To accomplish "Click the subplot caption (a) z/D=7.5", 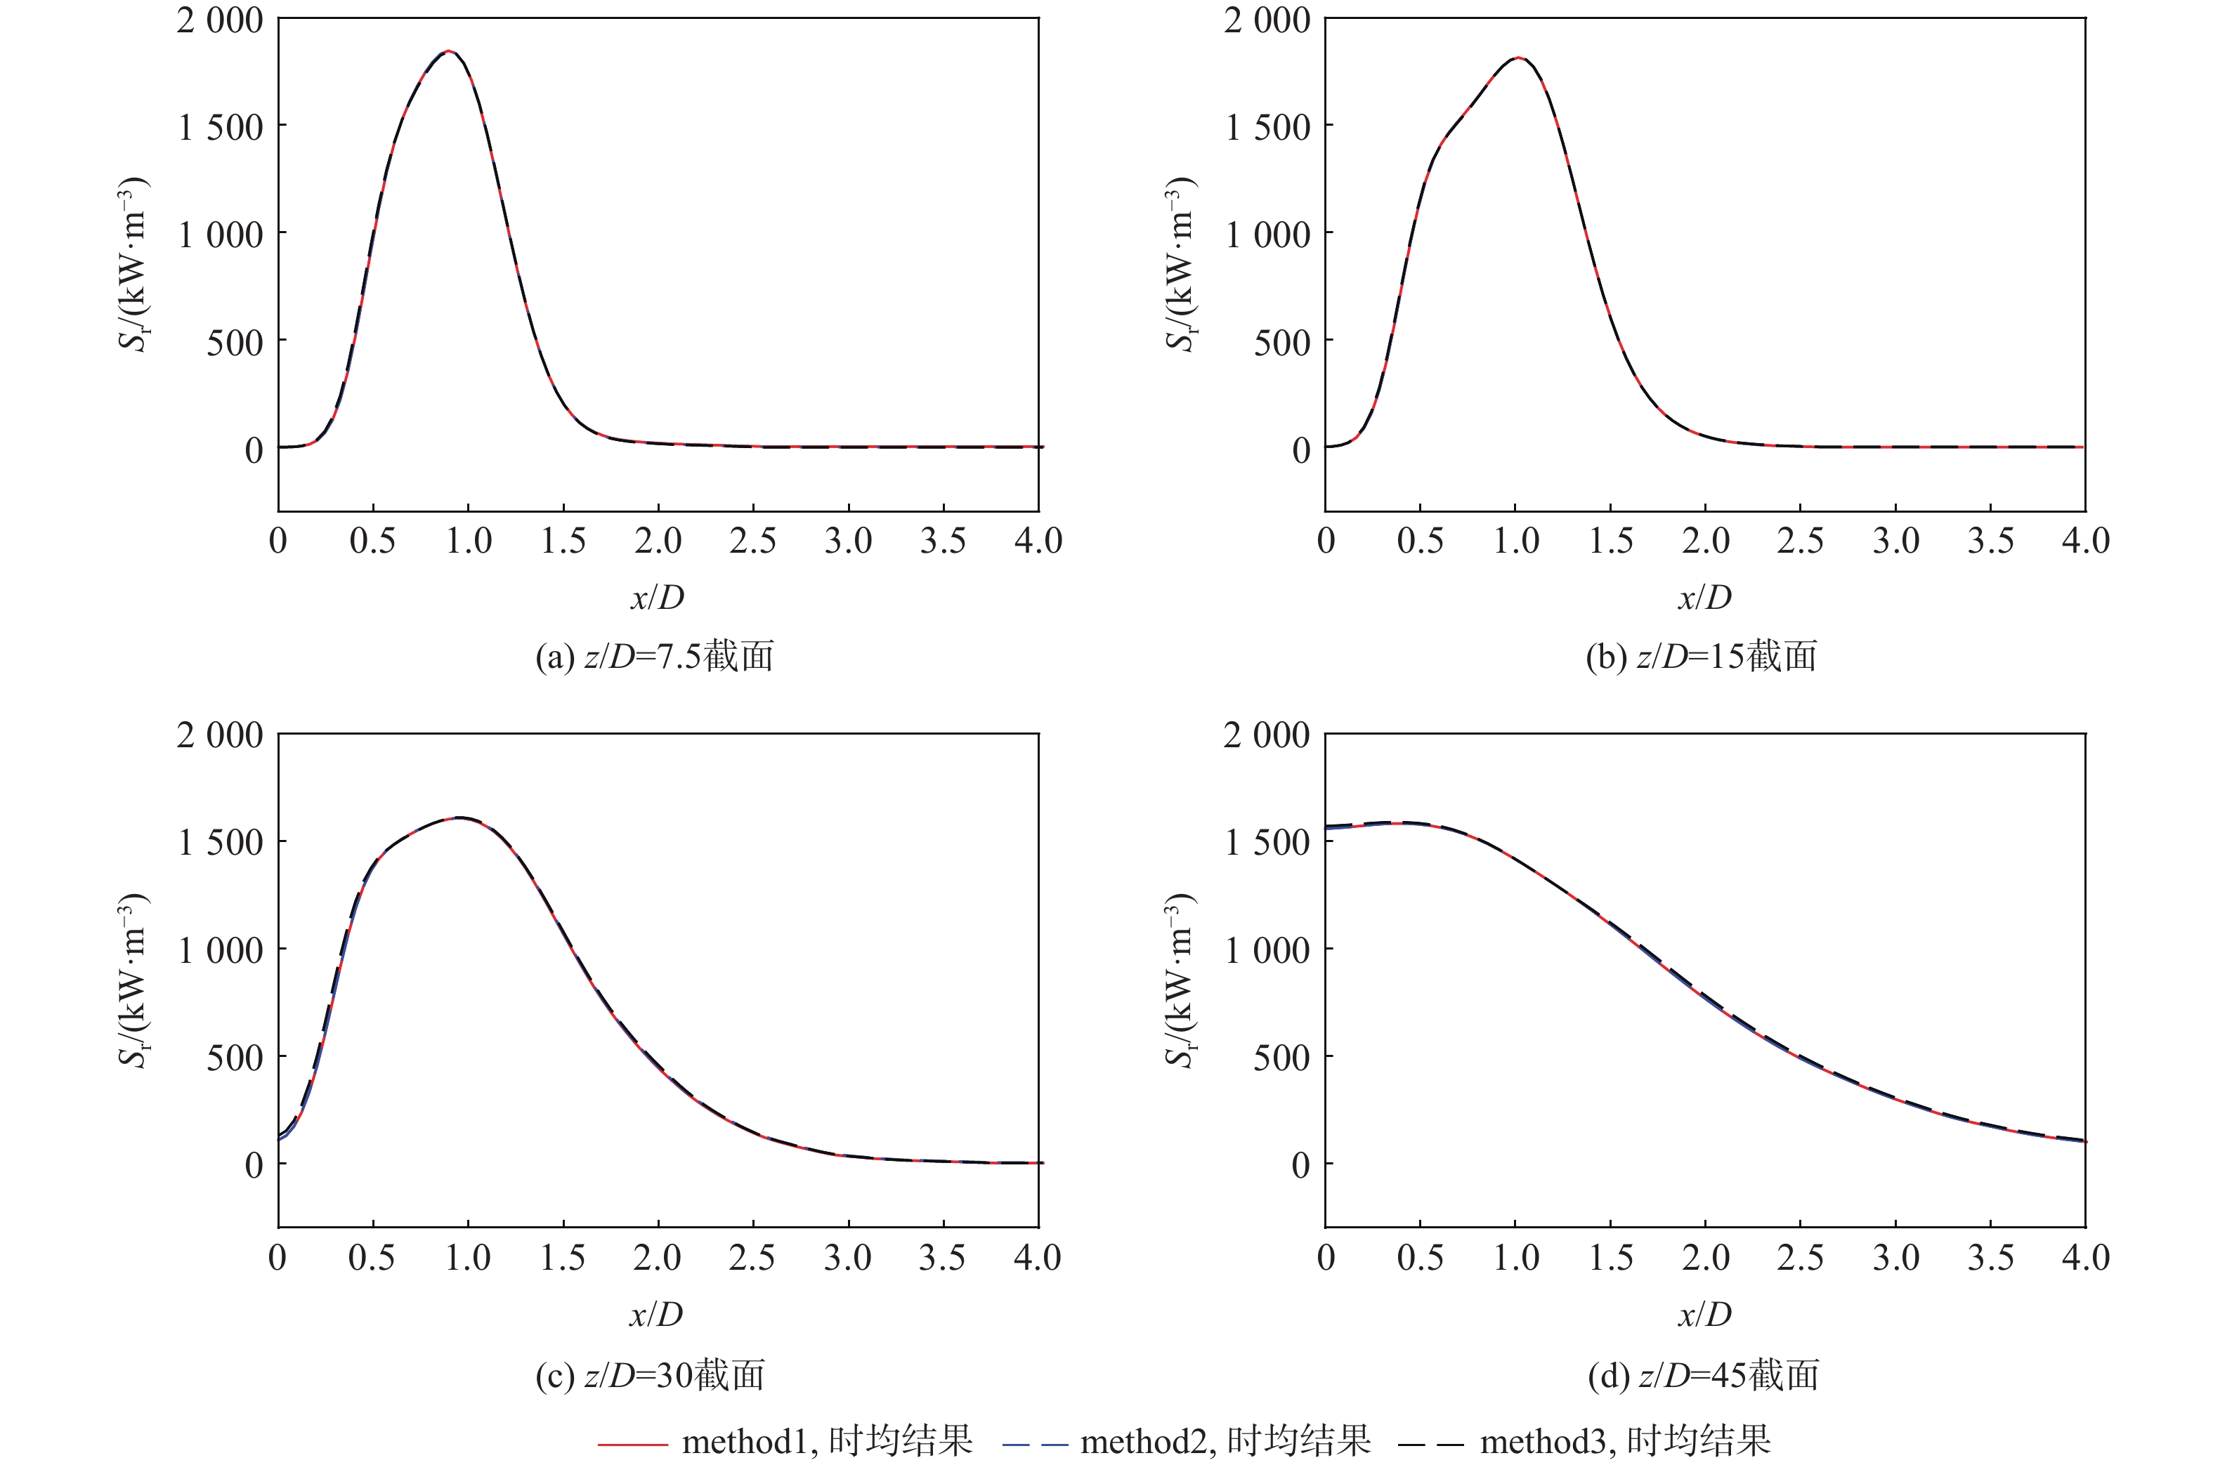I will pyautogui.click(x=655, y=657).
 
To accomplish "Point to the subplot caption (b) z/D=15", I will pyautogui.click(x=1702, y=657).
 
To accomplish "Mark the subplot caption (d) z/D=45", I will pyautogui.click(x=1704, y=1374).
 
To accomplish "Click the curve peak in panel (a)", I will pyautogui.click(x=449, y=52).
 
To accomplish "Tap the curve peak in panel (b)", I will pyautogui.click(x=1517, y=58).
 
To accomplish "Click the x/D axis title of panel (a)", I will pyautogui.click(x=657, y=597).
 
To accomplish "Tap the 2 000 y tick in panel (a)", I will pyautogui.click(x=221, y=20).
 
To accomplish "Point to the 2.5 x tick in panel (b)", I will pyautogui.click(x=1800, y=541).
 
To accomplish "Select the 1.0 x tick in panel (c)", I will pyautogui.click(x=467, y=1258).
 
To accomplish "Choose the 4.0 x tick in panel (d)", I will pyautogui.click(x=2085, y=1258).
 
